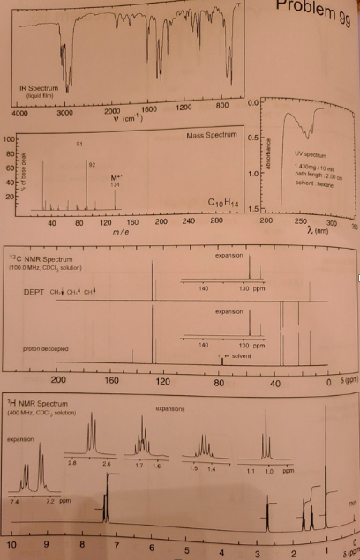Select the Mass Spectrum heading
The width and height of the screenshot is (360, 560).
212,137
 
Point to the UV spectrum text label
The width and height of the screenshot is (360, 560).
315,154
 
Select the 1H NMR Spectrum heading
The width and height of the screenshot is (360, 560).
41,404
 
